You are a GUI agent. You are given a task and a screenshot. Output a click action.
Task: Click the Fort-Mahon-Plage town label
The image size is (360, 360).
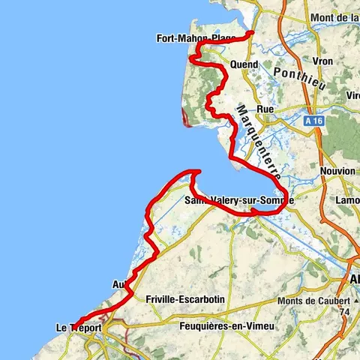click(195, 38)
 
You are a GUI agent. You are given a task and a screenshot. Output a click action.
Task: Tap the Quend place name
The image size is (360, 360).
click(244, 64)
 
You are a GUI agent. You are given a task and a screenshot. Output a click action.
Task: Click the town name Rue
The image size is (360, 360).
click(265, 109)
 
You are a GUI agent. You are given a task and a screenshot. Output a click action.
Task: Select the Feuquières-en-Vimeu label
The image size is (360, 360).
click(212, 327)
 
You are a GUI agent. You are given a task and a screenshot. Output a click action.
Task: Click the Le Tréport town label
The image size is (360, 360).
click(79, 328)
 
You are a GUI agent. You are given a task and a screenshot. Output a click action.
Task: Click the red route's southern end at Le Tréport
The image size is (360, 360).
click(74, 325)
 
